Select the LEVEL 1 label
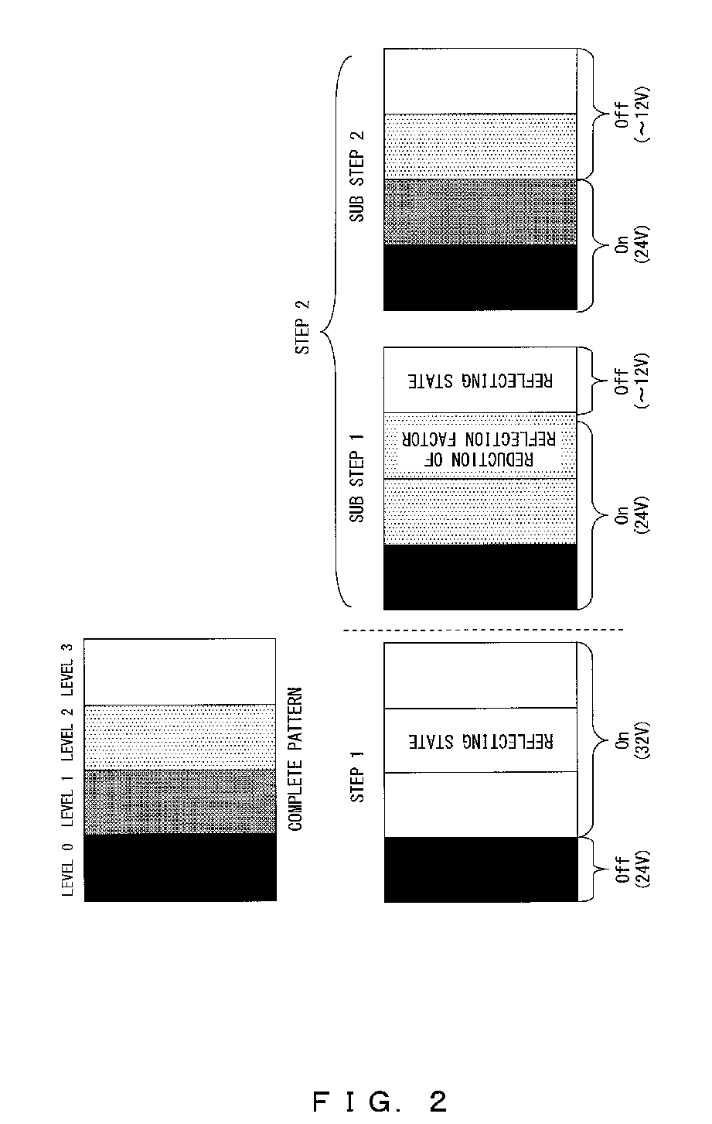click(x=68, y=801)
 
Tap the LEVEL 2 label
click(x=68, y=735)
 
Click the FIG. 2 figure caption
click(x=380, y=1100)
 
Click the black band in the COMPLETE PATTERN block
click(x=180, y=867)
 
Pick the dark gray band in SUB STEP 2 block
click(x=480, y=213)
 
